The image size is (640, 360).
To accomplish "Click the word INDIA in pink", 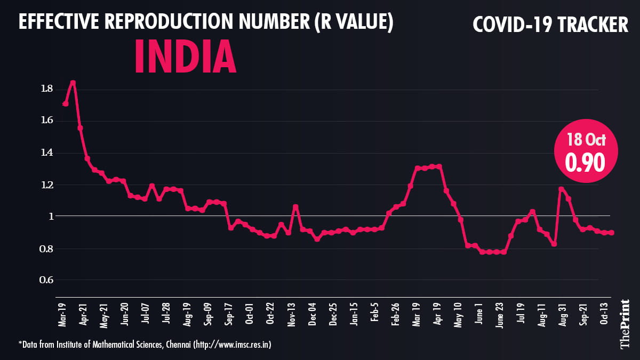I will point(185,56).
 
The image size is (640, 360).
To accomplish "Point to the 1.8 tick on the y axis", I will point(46,89).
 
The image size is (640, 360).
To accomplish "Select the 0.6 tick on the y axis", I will point(46,281).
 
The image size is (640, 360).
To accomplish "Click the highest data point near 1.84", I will point(73,83).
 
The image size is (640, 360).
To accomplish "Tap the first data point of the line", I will point(65,103).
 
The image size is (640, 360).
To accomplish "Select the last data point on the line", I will point(611,233).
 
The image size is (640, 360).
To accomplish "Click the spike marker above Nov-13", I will point(295,207).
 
